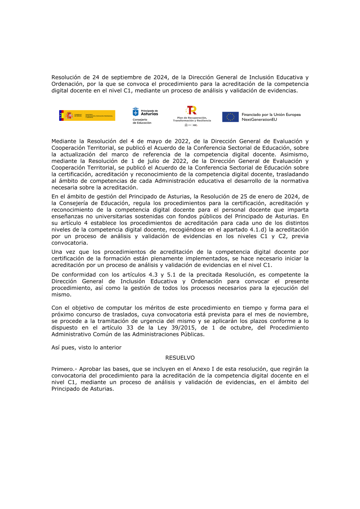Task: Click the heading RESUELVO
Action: (180, 358)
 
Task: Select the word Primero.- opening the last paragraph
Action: (64, 369)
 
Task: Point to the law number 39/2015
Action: (184, 328)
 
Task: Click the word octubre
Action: (240, 328)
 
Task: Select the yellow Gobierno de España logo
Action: (87, 115)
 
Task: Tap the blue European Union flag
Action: (230, 117)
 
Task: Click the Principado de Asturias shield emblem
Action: (136, 112)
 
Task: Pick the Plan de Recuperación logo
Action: (192, 115)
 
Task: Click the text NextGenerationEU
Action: (259, 120)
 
